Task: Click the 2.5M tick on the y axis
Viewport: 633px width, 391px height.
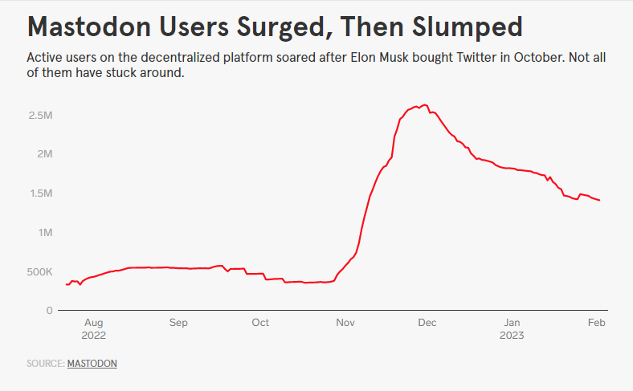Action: coord(40,116)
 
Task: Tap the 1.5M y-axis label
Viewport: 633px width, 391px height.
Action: coord(40,193)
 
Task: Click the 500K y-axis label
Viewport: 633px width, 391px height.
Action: coord(38,272)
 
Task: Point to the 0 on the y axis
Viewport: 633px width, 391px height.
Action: coord(49,311)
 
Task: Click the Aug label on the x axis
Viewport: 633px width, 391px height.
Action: coord(93,323)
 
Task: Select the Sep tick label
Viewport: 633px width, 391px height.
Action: coord(178,323)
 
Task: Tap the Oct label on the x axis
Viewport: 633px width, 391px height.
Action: coord(260,323)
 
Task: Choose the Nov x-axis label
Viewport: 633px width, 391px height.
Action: coord(345,323)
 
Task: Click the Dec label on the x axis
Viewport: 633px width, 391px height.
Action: coord(427,323)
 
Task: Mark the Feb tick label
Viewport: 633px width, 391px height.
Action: coord(596,323)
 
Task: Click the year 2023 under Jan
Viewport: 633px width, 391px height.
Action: coord(511,336)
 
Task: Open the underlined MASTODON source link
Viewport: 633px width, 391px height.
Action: coord(92,364)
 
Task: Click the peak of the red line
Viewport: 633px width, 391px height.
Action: coord(425,105)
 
